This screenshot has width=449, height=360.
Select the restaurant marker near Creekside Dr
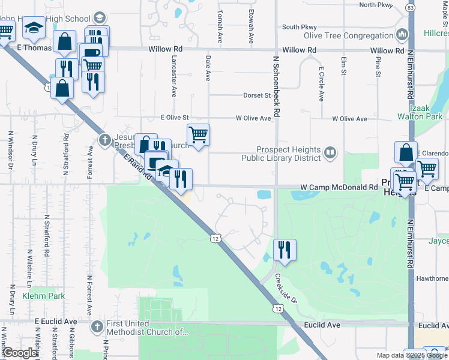coord(285,250)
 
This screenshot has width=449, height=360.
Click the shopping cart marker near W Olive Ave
coord(198,135)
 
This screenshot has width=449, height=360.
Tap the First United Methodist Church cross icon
coord(98,327)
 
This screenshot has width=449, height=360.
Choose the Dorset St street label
coord(257,95)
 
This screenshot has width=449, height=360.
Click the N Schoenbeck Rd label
coord(277,88)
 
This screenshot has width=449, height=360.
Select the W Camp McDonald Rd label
coord(339,187)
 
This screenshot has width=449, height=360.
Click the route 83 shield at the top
coord(411,8)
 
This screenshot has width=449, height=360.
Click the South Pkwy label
coord(299,26)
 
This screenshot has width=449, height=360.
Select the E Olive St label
coord(175,118)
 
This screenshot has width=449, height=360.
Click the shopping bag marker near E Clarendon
coord(406,152)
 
